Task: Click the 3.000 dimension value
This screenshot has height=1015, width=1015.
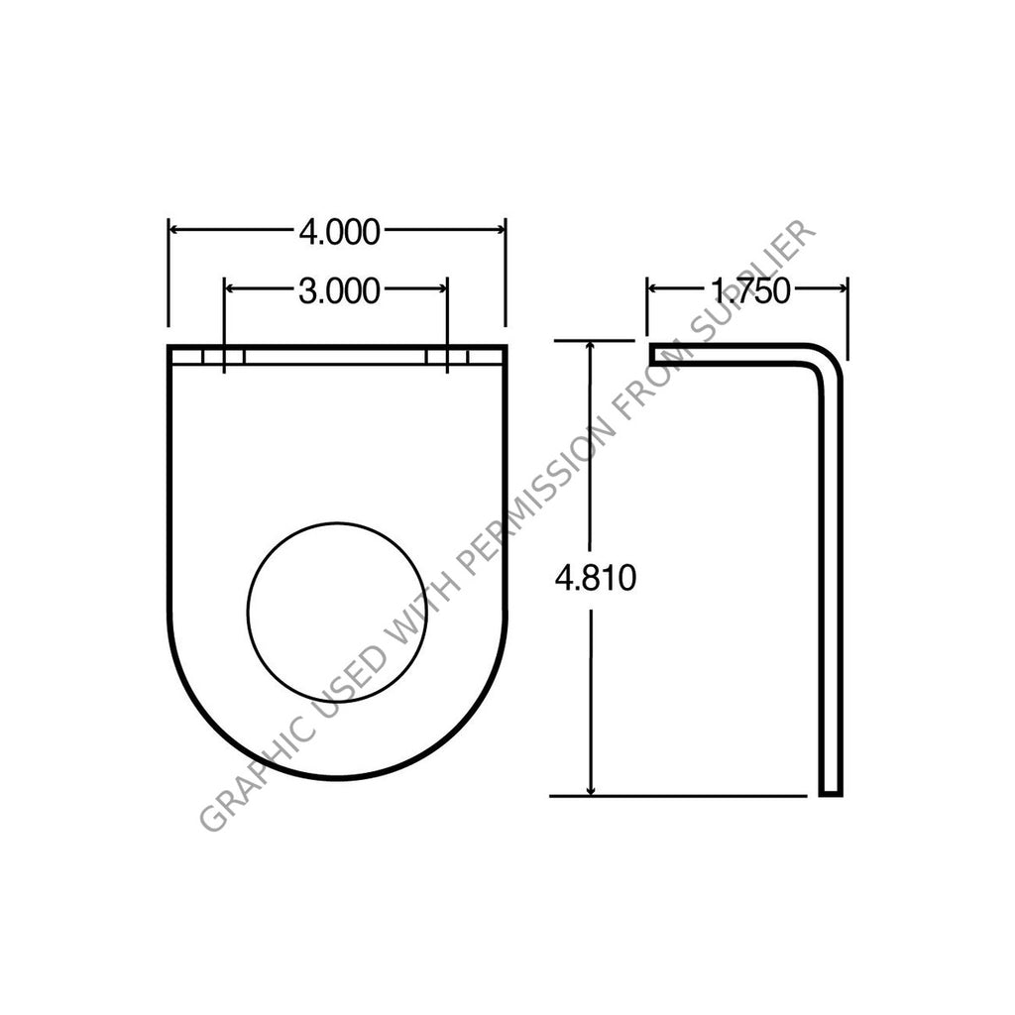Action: click(x=339, y=290)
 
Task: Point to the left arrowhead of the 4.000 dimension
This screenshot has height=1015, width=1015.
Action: click(x=174, y=230)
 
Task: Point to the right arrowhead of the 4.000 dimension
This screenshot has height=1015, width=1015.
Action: click(x=500, y=230)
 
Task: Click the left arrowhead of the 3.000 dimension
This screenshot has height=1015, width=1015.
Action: click(x=232, y=288)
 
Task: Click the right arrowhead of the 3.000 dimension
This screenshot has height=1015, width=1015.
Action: click(x=441, y=288)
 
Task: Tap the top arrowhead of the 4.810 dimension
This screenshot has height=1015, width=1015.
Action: click(x=592, y=347)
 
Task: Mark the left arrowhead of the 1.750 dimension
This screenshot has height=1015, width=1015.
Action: click(x=654, y=287)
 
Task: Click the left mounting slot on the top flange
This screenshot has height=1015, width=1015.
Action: click(x=224, y=356)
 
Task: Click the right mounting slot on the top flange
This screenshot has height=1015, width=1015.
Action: click(x=447, y=356)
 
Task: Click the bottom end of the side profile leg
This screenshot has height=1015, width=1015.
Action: click(x=831, y=791)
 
